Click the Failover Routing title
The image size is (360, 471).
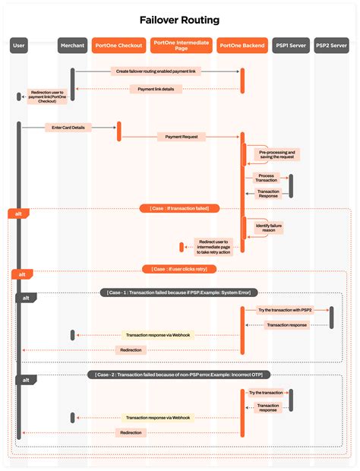tap(180, 21)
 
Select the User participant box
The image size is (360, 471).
tap(20, 46)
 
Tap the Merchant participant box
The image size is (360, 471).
tap(72, 46)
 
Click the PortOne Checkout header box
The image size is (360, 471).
tap(118, 46)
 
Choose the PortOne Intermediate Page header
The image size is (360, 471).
tap(181, 46)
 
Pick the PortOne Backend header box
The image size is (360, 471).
tap(242, 46)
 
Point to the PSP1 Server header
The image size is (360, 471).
tap(290, 46)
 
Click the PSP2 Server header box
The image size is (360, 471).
tap(332, 46)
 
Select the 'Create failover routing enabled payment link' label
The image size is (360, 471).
tap(156, 71)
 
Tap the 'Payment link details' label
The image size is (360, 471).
tap(156, 89)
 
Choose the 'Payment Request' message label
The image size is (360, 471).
tap(182, 137)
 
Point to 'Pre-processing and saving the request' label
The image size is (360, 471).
tap(277, 154)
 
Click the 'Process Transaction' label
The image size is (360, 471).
tap(267, 178)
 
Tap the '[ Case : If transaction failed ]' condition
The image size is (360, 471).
tap(180, 207)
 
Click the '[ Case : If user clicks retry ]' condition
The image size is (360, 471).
tap(181, 269)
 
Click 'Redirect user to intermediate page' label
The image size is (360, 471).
tap(213, 246)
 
